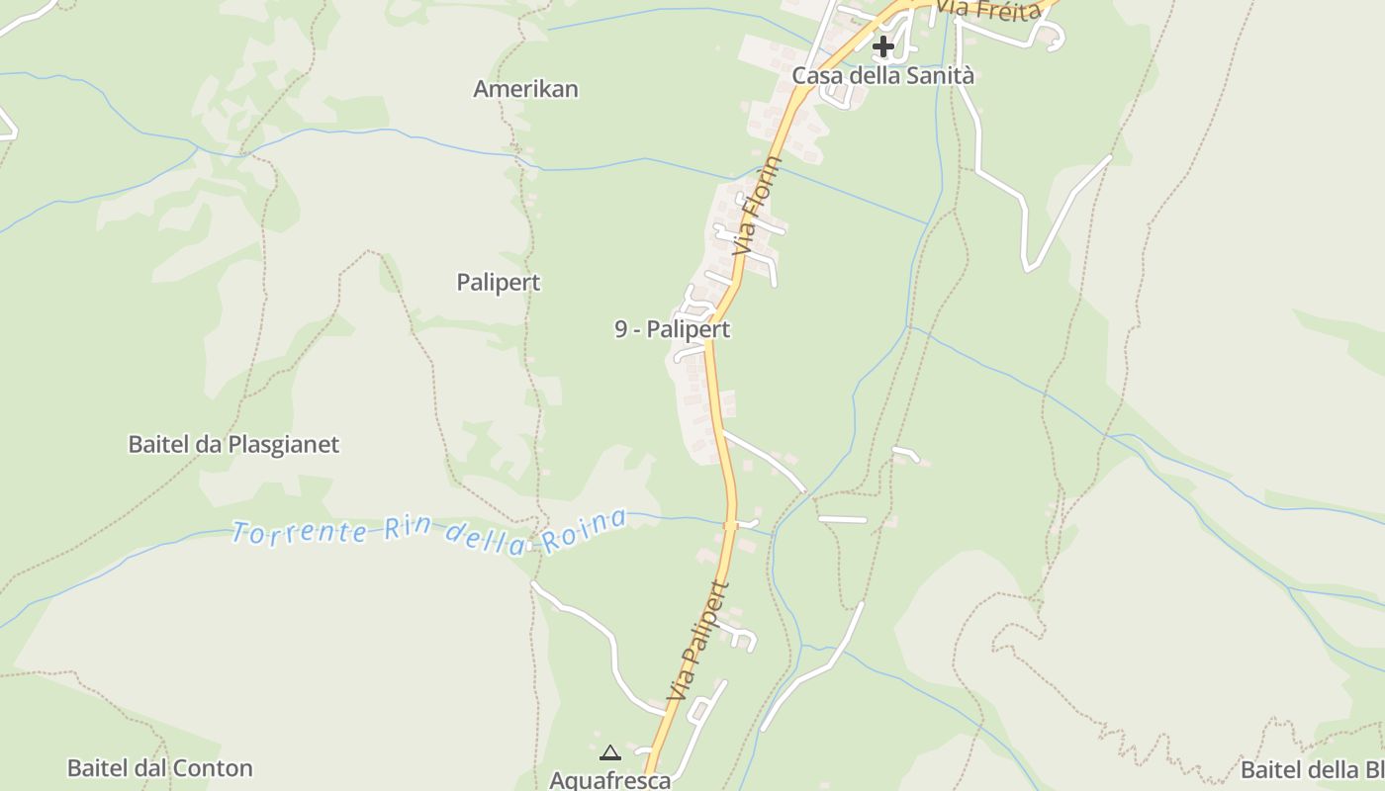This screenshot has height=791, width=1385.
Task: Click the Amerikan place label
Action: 525,89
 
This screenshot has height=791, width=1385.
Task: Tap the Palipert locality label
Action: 499,283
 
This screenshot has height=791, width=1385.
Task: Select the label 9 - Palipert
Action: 672,329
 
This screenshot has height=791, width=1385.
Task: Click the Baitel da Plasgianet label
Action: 233,445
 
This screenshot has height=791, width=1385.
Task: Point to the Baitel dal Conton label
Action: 159,768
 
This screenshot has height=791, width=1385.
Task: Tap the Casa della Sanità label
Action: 882,76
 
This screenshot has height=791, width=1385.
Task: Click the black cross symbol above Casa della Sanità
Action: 882,46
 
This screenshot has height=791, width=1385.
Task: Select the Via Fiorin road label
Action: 757,207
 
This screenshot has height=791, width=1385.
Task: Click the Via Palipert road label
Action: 698,643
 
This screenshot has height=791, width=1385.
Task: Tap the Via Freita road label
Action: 989,10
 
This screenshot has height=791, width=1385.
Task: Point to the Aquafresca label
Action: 609,780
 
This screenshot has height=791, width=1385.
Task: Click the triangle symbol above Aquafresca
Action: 609,753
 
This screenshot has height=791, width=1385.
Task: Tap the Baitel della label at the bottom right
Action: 1311,770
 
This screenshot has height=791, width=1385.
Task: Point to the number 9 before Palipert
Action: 621,329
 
